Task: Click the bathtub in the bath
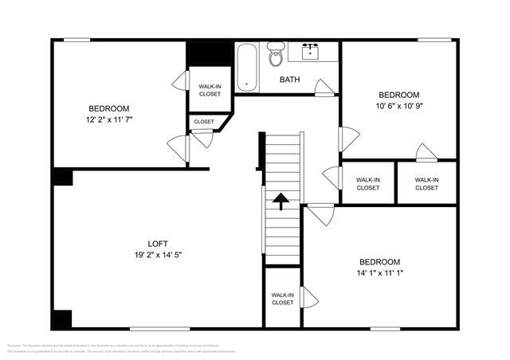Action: (x=247, y=66)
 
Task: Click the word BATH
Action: (x=289, y=80)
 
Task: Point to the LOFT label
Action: (x=158, y=244)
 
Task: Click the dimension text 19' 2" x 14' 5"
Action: (x=158, y=255)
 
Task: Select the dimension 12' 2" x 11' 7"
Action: (x=109, y=119)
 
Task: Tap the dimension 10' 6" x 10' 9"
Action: (x=398, y=104)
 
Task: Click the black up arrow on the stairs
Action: (x=280, y=201)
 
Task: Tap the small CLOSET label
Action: (x=204, y=122)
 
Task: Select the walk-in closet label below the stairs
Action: (x=283, y=298)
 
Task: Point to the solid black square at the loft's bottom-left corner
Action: (x=62, y=319)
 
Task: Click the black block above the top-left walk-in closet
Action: (x=209, y=53)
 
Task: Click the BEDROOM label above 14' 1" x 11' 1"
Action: (x=379, y=262)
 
